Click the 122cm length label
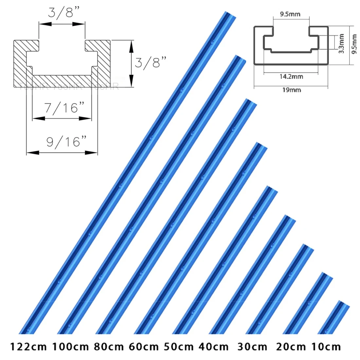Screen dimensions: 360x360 [28, 347]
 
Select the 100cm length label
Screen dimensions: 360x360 [71, 347]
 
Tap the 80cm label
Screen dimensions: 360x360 [109, 347]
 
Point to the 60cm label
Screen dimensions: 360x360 [144, 347]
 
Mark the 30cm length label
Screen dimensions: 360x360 [252, 347]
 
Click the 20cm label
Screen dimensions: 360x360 [291, 347]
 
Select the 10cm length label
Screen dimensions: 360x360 [326, 347]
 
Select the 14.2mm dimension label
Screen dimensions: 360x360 [291, 77]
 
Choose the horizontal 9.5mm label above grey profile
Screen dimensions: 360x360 [290, 14]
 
